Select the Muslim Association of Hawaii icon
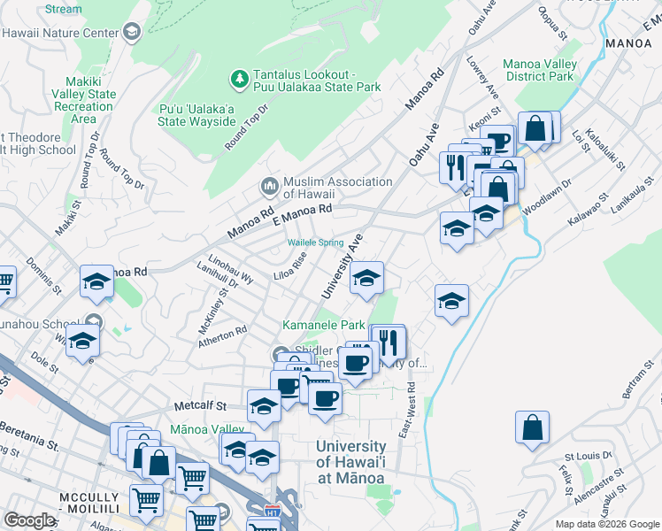click(x=269, y=188)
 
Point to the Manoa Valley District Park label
click(x=540, y=70)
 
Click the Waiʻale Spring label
click(x=314, y=242)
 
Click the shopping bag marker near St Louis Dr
click(x=533, y=427)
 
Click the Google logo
click(x=29, y=520)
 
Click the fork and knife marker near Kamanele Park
click(x=388, y=341)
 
